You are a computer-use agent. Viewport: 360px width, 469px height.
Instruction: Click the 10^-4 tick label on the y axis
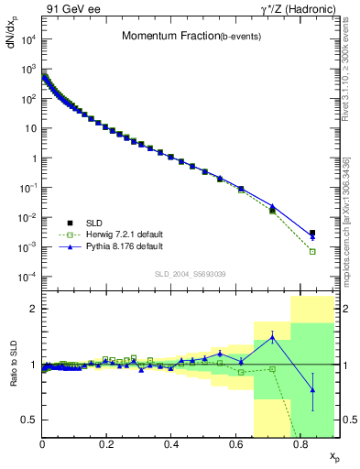pos(27,277)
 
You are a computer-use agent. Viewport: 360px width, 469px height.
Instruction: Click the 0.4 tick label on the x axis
pos(171,444)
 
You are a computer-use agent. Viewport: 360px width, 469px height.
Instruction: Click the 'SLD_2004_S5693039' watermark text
pos(190,274)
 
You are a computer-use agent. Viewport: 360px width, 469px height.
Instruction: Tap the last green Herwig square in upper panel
pos(312,251)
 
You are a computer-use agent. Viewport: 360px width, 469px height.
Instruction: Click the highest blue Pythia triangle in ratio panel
pos(272,337)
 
